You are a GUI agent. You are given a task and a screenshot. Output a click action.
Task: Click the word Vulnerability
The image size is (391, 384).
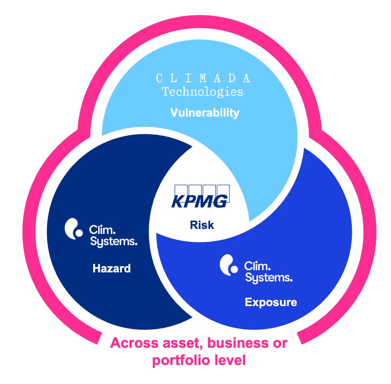tap(205, 113)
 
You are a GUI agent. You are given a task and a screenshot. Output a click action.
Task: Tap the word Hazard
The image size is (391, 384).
tap(112, 268)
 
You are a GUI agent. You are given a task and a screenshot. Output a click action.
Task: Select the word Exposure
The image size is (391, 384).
tap(271, 302)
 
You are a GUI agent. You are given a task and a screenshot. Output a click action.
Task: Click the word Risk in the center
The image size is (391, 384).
tap(202, 225)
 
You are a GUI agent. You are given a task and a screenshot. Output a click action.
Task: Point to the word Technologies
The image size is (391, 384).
tap(203, 92)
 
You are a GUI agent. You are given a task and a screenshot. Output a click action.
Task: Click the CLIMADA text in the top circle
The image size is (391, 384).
tap(203, 78)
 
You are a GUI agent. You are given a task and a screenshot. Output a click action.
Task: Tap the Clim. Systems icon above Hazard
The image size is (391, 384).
tap(73, 229)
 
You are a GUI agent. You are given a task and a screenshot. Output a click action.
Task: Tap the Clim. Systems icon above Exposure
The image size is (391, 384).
tap(229, 265)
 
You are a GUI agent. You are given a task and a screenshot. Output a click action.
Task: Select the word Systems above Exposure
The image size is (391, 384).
tap(269, 278)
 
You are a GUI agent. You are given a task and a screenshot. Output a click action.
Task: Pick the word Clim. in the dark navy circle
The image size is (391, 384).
tap(100, 230)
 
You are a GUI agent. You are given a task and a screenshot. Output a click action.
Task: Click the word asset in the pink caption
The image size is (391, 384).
tap(174, 343)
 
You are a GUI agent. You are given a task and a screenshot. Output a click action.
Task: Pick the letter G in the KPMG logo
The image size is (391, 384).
tap(219, 202)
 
